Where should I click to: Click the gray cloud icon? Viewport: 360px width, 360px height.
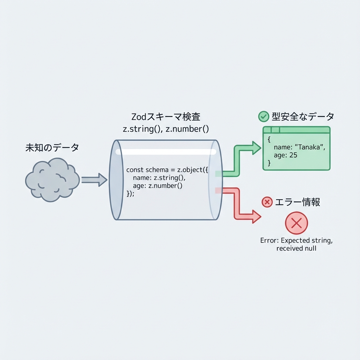(52, 180)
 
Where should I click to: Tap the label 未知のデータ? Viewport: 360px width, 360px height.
(52, 148)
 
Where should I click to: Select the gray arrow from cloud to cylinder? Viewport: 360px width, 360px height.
(94, 180)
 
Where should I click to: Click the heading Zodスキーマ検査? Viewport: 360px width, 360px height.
(166, 117)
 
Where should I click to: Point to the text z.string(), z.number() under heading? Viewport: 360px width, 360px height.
(166, 129)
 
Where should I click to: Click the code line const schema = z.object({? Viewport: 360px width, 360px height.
(167, 170)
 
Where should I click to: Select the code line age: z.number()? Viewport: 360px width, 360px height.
(157, 186)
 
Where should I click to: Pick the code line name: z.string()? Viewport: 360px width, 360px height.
(159, 178)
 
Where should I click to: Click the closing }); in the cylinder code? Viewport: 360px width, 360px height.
(130, 193)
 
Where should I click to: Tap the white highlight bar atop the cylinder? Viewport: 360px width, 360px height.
(166, 152)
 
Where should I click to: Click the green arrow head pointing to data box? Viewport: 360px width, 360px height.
(256, 148)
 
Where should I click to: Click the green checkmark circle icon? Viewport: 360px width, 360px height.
(263, 116)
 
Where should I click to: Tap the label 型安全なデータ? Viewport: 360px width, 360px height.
(302, 116)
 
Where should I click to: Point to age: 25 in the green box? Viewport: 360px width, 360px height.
(285, 155)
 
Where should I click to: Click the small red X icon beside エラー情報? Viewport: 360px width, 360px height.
(267, 202)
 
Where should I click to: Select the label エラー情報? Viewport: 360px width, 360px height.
(297, 202)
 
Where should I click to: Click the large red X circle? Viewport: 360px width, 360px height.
(296, 223)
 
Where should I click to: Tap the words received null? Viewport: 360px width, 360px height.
(296, 248)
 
